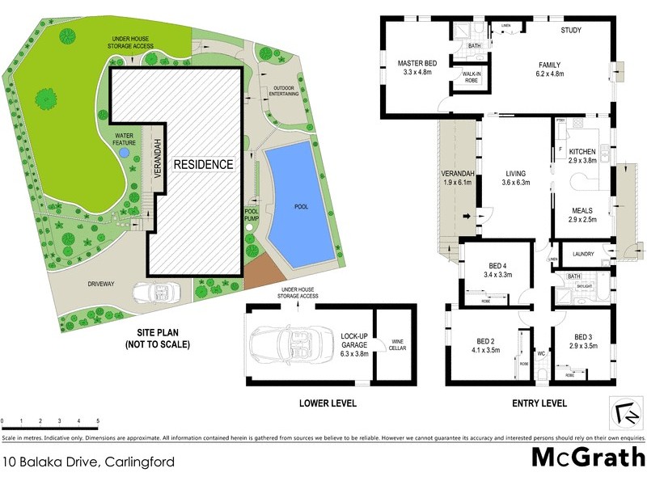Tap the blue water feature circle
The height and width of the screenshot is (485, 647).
[x=123, y=151]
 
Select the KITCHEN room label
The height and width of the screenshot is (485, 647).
[x=582, y=151]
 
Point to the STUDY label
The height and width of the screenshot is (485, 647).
[x=572, y=32]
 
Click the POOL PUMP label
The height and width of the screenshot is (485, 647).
[x=252, y=214]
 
